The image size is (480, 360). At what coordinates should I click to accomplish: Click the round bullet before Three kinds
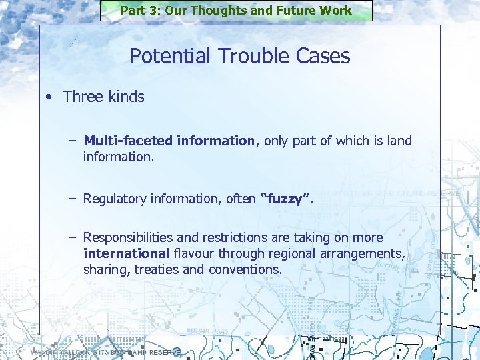[x=50, y=97]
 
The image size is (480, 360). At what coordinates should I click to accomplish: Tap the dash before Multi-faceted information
[x=71, y=141]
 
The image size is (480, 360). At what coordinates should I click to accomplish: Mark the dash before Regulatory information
[x=71, y=199]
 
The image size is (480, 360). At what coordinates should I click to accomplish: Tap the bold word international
[x=127, y=254]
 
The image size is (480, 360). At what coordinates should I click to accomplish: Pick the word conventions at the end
[x=245, y=270]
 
